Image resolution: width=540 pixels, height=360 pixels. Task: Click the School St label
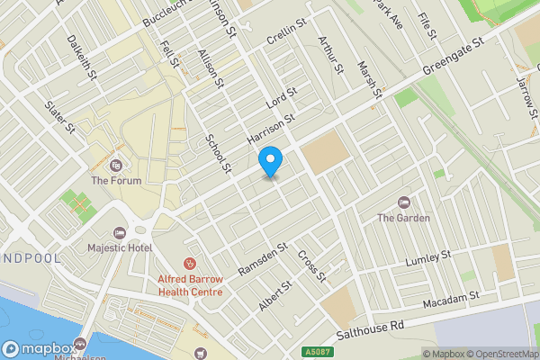(x=219, y=155)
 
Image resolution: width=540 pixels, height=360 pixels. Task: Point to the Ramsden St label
(x=262, y=259)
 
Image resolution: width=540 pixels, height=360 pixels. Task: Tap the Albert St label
(x=275, y=295)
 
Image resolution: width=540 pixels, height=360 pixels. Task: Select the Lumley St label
(x=427, y=258)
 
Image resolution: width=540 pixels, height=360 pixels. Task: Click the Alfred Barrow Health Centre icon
(x=190, y=263)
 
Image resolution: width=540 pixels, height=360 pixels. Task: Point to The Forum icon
(x=116, y=165)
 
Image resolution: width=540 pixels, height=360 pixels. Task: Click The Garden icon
(x=403, y=202)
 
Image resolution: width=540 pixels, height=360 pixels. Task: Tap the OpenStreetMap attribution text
(x=500, y=353)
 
